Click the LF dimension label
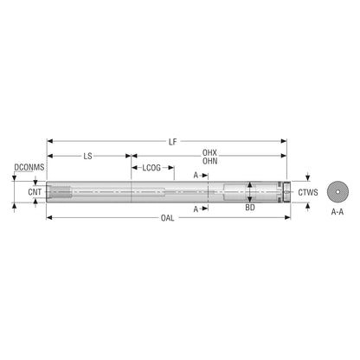(172, 142)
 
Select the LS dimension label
(87, 156)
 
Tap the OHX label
(209, 152)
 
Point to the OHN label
(209, 161)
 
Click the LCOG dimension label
(151, 168)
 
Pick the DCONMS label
(29, 167)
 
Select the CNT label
(35, 192)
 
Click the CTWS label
(308, 192)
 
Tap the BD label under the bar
(250, 208)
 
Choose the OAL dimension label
(168, 218)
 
